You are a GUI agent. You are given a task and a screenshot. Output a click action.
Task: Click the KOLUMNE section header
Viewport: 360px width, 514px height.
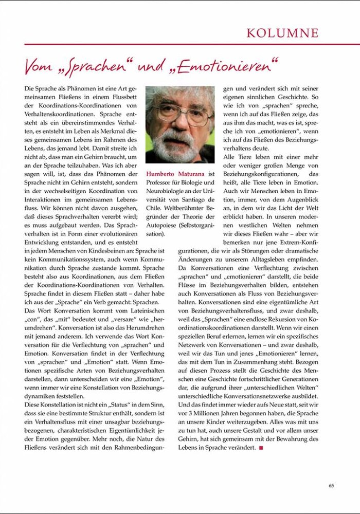[282, 33]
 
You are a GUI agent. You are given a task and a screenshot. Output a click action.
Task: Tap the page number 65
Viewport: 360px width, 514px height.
[332, 485]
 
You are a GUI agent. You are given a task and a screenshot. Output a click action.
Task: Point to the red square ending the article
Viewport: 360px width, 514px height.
[261, 448]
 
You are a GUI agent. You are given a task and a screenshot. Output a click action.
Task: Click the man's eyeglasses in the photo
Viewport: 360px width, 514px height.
[177, 113]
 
